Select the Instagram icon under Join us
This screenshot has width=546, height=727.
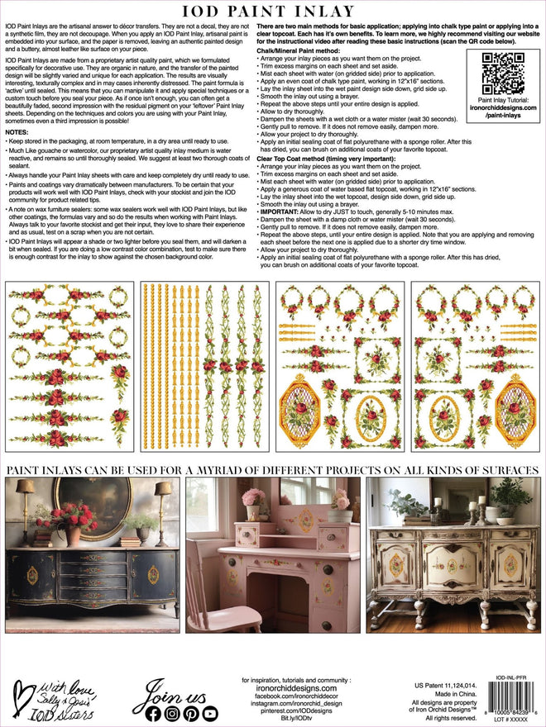coord(171,713)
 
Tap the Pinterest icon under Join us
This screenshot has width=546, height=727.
coord(191,713)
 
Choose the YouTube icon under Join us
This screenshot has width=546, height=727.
coord(211,713)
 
